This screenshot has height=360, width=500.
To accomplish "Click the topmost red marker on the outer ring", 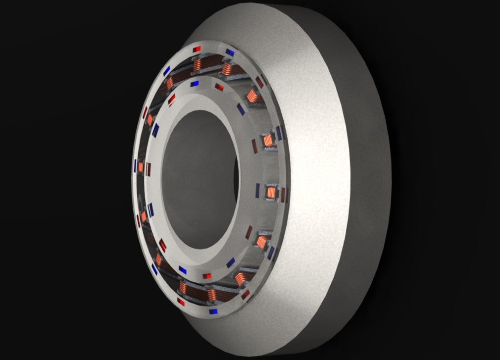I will pyautogui.click(x=197, y=49).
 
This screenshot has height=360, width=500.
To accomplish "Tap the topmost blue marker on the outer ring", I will pyautogui.click(x=230, y=51).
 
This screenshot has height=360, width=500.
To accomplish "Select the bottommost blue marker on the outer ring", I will pyautogui.click(x=214, y=312).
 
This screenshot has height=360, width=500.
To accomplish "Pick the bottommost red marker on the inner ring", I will pyautogui.click(x=207, y=275).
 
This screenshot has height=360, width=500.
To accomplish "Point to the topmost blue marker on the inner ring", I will pyautogui.click(x=195, y=84).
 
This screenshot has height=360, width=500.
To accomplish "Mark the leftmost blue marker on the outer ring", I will pyautogui.click(x=135, y=164).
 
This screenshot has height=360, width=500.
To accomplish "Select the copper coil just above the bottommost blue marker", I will pyautogui.click(x=213, y=296).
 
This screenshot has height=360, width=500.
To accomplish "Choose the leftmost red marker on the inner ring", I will pyautogui.click(x=148, y=168).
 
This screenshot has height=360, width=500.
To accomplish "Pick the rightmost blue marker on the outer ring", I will pyautogui.click(x=280, y=133).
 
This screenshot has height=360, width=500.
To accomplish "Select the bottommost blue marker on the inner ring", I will pyautogui.click(x=183, y=270).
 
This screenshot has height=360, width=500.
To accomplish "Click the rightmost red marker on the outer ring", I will pyautogui.click(x=284, y=195).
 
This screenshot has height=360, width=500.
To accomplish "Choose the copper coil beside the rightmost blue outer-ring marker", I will pyautogui.click(x=268, y=140).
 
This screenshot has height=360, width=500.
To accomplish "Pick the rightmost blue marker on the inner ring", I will pyautogui.click(x=257, y=189).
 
